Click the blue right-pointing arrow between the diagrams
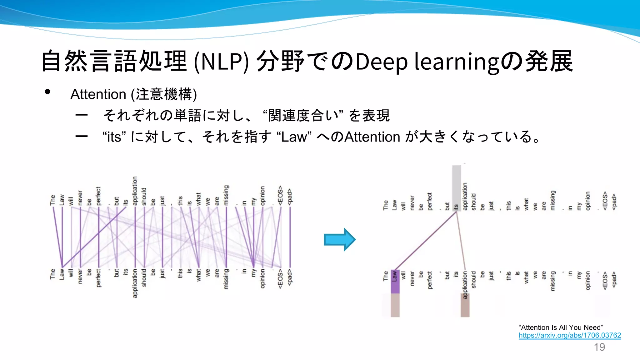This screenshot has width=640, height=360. [x=339, y=240]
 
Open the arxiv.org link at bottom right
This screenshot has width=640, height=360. [x=570, y=335]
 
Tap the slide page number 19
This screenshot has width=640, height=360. [x=599, y=347]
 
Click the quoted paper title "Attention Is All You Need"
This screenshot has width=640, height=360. [x=561, y=327]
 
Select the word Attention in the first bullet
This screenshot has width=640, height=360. [x=98, y=94]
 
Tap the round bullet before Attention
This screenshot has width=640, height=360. [x=47, y=92]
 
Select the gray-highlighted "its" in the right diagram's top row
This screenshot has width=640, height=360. [x=456, y=207]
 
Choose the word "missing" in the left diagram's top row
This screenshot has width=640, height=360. [x=226, y=195]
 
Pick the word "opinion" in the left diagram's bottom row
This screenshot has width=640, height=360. [x=262, y=278]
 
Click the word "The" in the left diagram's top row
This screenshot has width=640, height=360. [x=52, y=200]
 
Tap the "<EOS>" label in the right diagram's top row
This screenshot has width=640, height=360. [x=605, y=201]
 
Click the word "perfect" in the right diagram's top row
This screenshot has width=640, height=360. [x=429, y=201]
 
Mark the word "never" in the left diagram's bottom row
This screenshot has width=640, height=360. [x=80, y=276]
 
